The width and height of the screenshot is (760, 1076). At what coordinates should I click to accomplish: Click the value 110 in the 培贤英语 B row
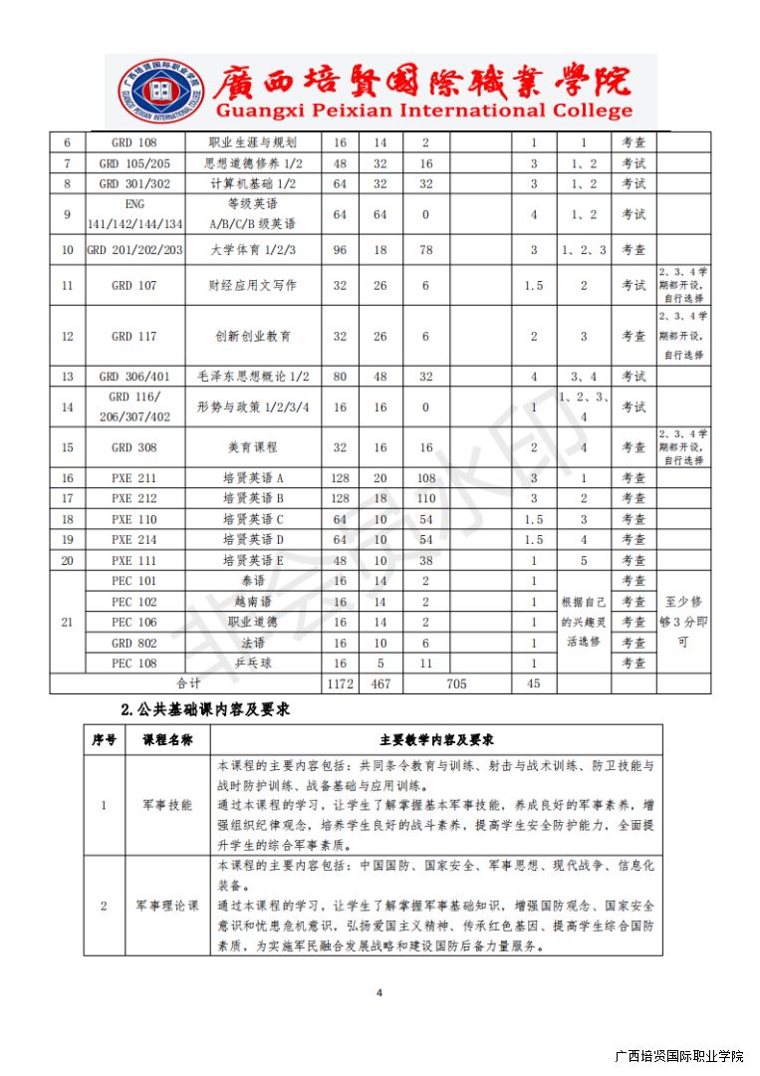point(425,498)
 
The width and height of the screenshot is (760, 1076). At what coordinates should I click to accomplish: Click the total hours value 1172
point(340,684)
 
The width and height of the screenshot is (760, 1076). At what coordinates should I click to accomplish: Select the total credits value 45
point(534,684)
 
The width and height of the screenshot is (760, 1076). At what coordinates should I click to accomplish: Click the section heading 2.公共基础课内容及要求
point(204,710)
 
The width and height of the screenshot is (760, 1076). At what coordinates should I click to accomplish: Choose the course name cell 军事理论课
point(167,906)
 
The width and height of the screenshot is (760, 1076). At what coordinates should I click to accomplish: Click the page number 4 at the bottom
point(380,992)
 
